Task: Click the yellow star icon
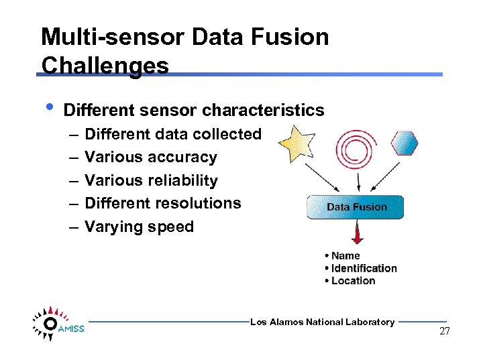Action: pyautogui.click(x=297, y=142)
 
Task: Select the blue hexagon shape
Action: pyautogui.click(x=405, y=143)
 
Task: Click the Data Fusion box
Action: pyautogui.click(x=356, y=207)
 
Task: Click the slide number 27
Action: pyautogui.click(x=444, y=331)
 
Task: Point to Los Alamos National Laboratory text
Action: pyautogui.click(x=322, y=322)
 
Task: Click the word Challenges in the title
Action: pyautogui.click(x=105, y=65)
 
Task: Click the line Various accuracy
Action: pyautogui.click(x=150, y=157)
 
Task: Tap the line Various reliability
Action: pyautogui.click(x=151, y=180)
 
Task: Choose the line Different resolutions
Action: pyautogui.click(x=162, y=203)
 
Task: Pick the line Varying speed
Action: pyautogui.click(x=139, y=227)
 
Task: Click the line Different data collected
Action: pyautogui.click(x=172, y=134)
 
